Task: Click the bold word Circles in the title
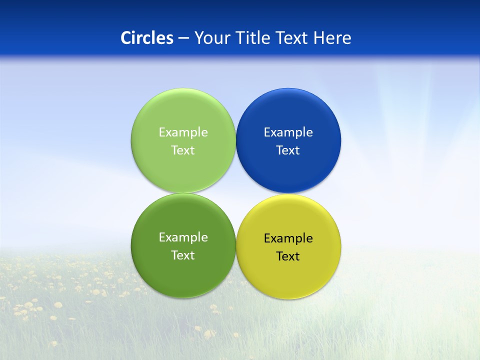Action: point(146,38)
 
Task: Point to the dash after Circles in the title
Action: point(183,38)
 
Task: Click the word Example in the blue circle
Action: point(288,132)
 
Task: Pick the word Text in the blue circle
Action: point(288,150)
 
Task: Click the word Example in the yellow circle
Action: point(288,238)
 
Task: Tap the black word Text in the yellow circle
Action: point(288,256)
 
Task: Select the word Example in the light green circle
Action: point(183,132)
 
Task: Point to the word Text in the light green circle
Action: point(183,150)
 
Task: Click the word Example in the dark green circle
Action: point(183,237)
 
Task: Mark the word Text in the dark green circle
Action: point(183,255)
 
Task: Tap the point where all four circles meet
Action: point(236,193)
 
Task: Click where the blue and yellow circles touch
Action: point(288,194)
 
